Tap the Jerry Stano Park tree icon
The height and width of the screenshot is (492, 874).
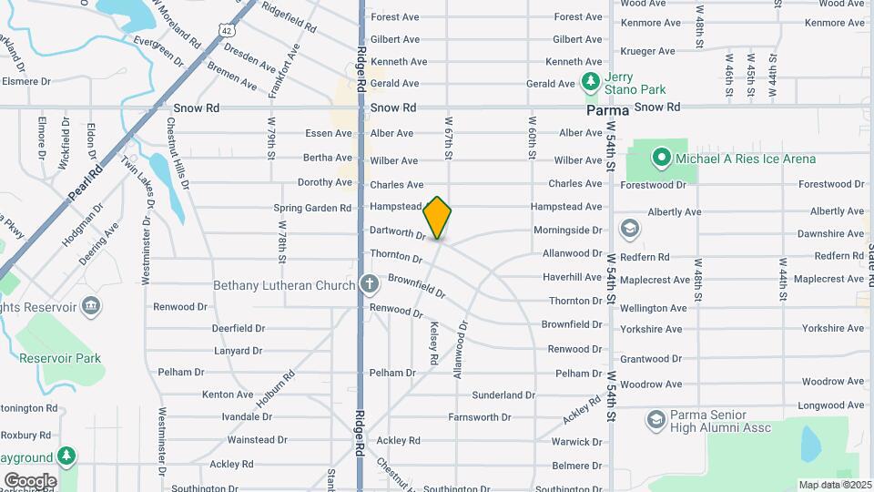coord(591,82)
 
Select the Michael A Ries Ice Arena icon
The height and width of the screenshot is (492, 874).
coord(661,159)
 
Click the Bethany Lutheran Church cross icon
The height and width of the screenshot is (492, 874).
coord(369,284)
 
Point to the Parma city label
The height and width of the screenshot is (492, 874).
coord(607,109)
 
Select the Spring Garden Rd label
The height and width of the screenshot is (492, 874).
coord(312,208)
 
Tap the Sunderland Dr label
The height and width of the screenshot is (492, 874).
coord(503,395)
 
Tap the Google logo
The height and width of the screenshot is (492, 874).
coord(30,480)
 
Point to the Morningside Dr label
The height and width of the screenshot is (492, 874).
coord(567,231)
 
